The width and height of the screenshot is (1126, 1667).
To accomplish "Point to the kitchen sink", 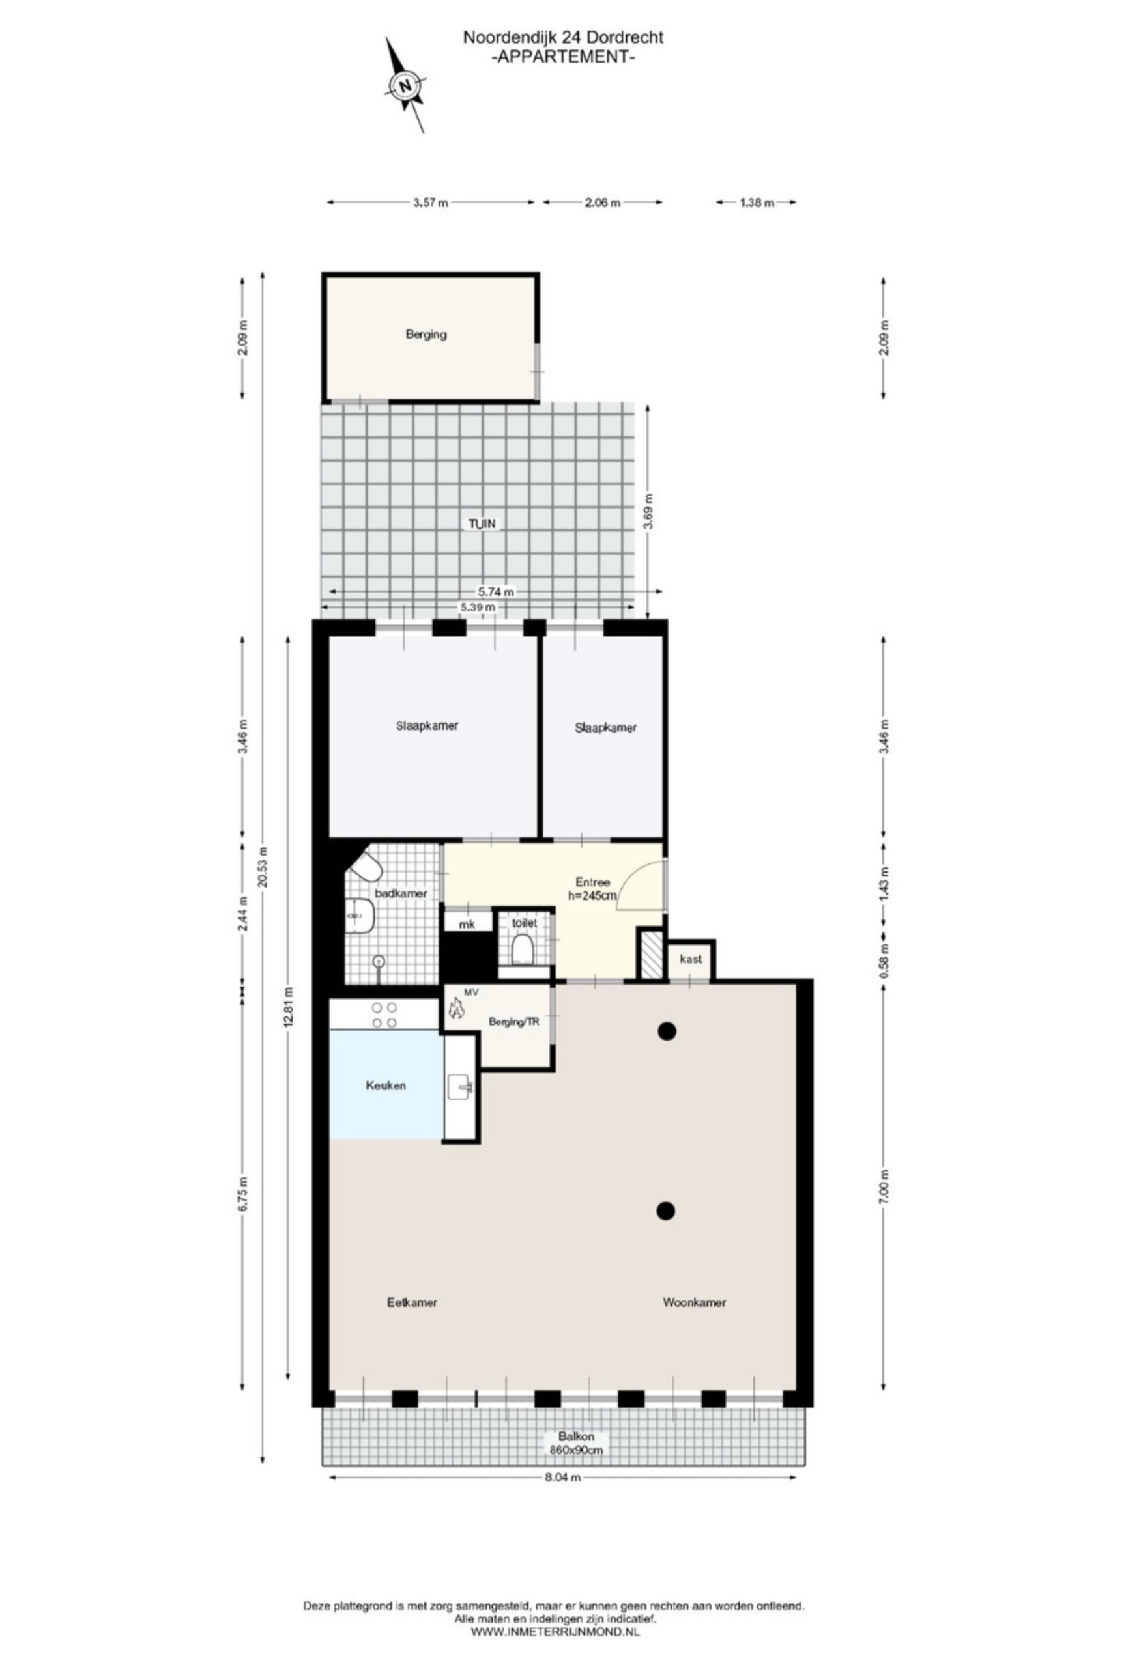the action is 459,1089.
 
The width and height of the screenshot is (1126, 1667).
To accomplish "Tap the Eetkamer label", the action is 412,1302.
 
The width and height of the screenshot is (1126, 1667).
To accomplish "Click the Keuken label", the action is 385,1086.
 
